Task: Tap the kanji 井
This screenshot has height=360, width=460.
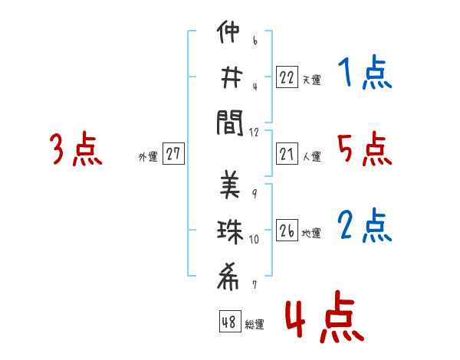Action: pyautogui.click(x=230, y=78)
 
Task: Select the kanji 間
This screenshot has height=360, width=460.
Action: pyautogui.click(x=230, y=121)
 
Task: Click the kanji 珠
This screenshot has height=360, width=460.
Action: pyautogui.click(x=230, y=230)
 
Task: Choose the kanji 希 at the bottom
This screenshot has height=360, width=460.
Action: pyautogui.click(x=230, y=273)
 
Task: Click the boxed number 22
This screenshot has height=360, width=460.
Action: pyautogui.click(x=287, y=77)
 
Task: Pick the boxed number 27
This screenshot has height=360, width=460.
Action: pyautogui.click(x=173, y=154)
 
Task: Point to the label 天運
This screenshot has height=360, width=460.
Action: pyautogui.click(x=311, y=79)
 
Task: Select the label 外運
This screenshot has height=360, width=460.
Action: pyautogui.click(x=148, y=157)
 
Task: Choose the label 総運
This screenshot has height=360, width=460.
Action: pyautogui.click(x=255, y=324)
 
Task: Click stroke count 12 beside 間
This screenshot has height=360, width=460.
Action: pyautogui.click(x=254, y=132)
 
